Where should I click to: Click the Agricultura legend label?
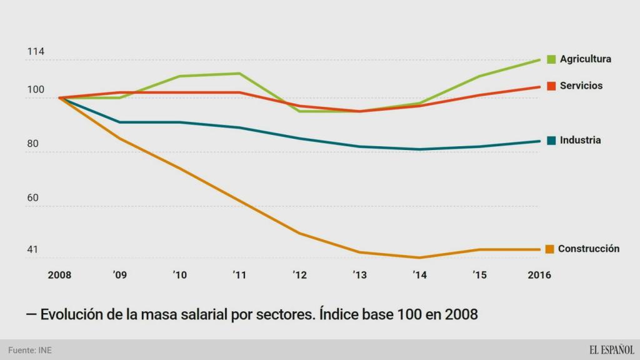(x=585, y=59)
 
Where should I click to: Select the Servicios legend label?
(x=581, y=86)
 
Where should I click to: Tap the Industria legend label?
(x=580, y=140)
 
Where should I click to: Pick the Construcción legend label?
(x=588, y=249)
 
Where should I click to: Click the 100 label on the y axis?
(x=36, y=90)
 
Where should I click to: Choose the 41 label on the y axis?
(x=32, y=250)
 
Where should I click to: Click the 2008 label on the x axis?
(x=59, y=276)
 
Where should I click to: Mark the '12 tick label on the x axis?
(x=300, y=276)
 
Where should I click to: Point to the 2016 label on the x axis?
(x=539, y=276)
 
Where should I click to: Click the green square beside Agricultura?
(x=551, y=59)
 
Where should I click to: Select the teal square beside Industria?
(x=551, y=140)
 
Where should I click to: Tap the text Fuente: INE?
(x=30, y=350)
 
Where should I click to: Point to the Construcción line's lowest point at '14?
(x=419, y=257)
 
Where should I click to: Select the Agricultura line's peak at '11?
(x=239, y=73)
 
